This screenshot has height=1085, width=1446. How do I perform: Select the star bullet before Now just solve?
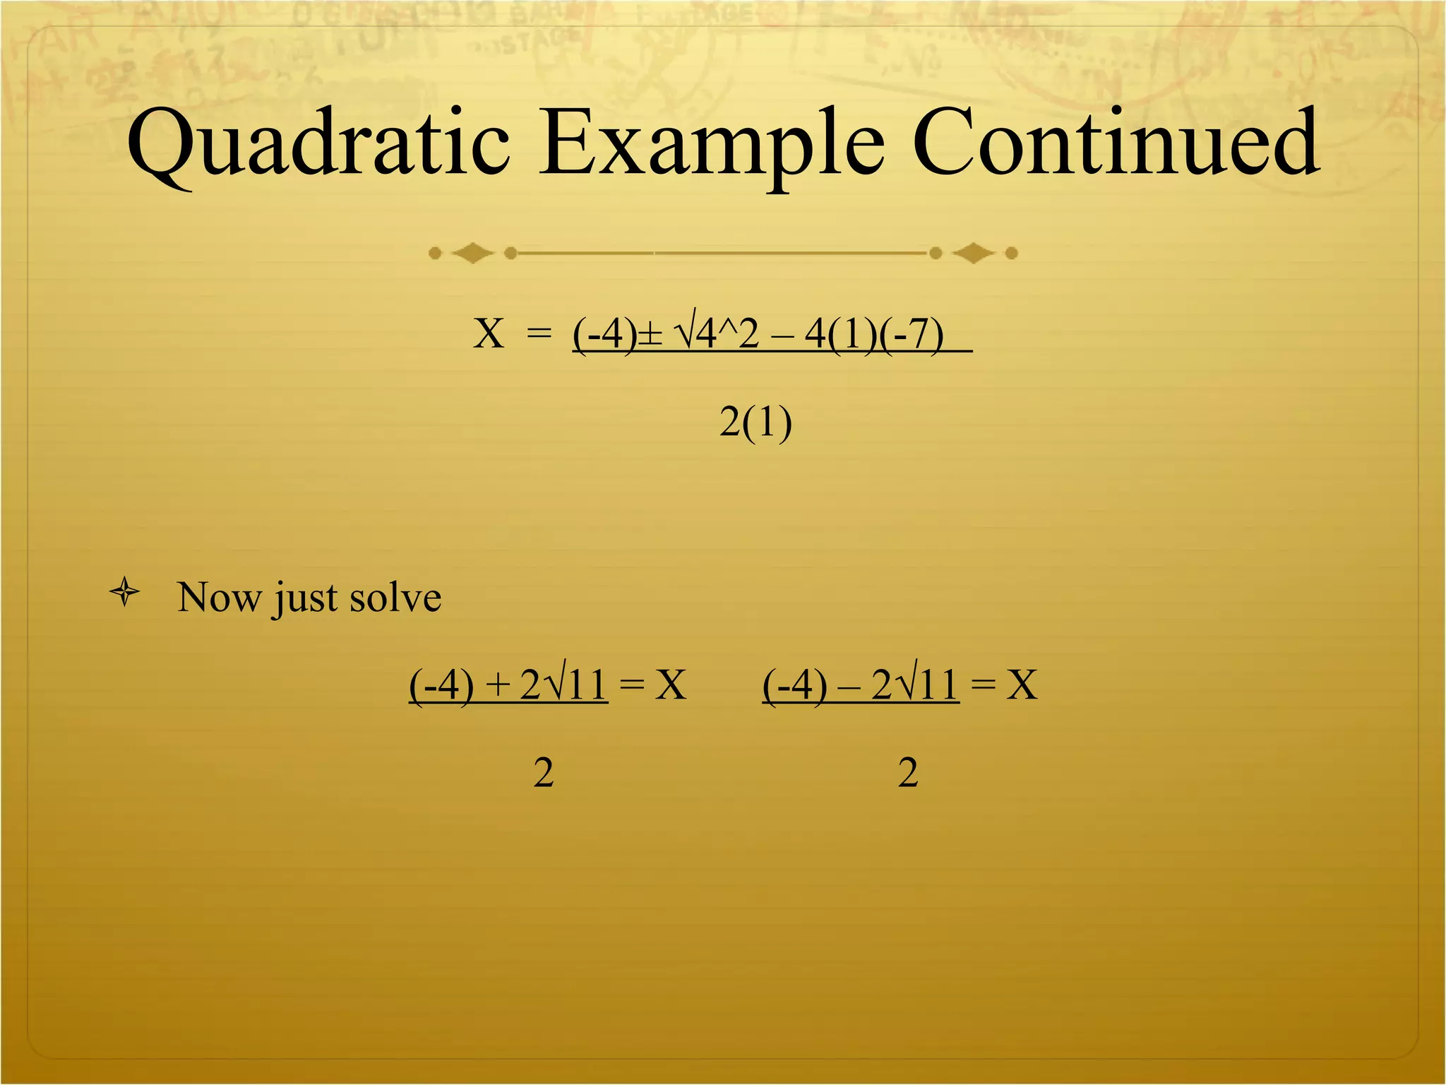coord(125,592)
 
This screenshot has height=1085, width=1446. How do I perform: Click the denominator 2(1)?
coord(755,422)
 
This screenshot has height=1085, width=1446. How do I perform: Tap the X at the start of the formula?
coord(489,333)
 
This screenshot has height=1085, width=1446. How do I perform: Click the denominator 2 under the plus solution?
coord(543,772)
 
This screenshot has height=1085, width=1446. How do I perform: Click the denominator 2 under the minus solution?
coord(908,772)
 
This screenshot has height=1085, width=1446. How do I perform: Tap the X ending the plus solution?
coord(670,684)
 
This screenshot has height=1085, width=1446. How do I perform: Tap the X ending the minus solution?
coord(1022,684)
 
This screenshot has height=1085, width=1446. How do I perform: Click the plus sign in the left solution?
coord(498,685)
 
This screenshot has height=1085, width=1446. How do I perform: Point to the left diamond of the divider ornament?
coord(472,253)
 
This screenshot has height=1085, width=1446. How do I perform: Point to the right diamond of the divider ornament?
coord(974,253)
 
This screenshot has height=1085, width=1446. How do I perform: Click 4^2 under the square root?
coord(727,333)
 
